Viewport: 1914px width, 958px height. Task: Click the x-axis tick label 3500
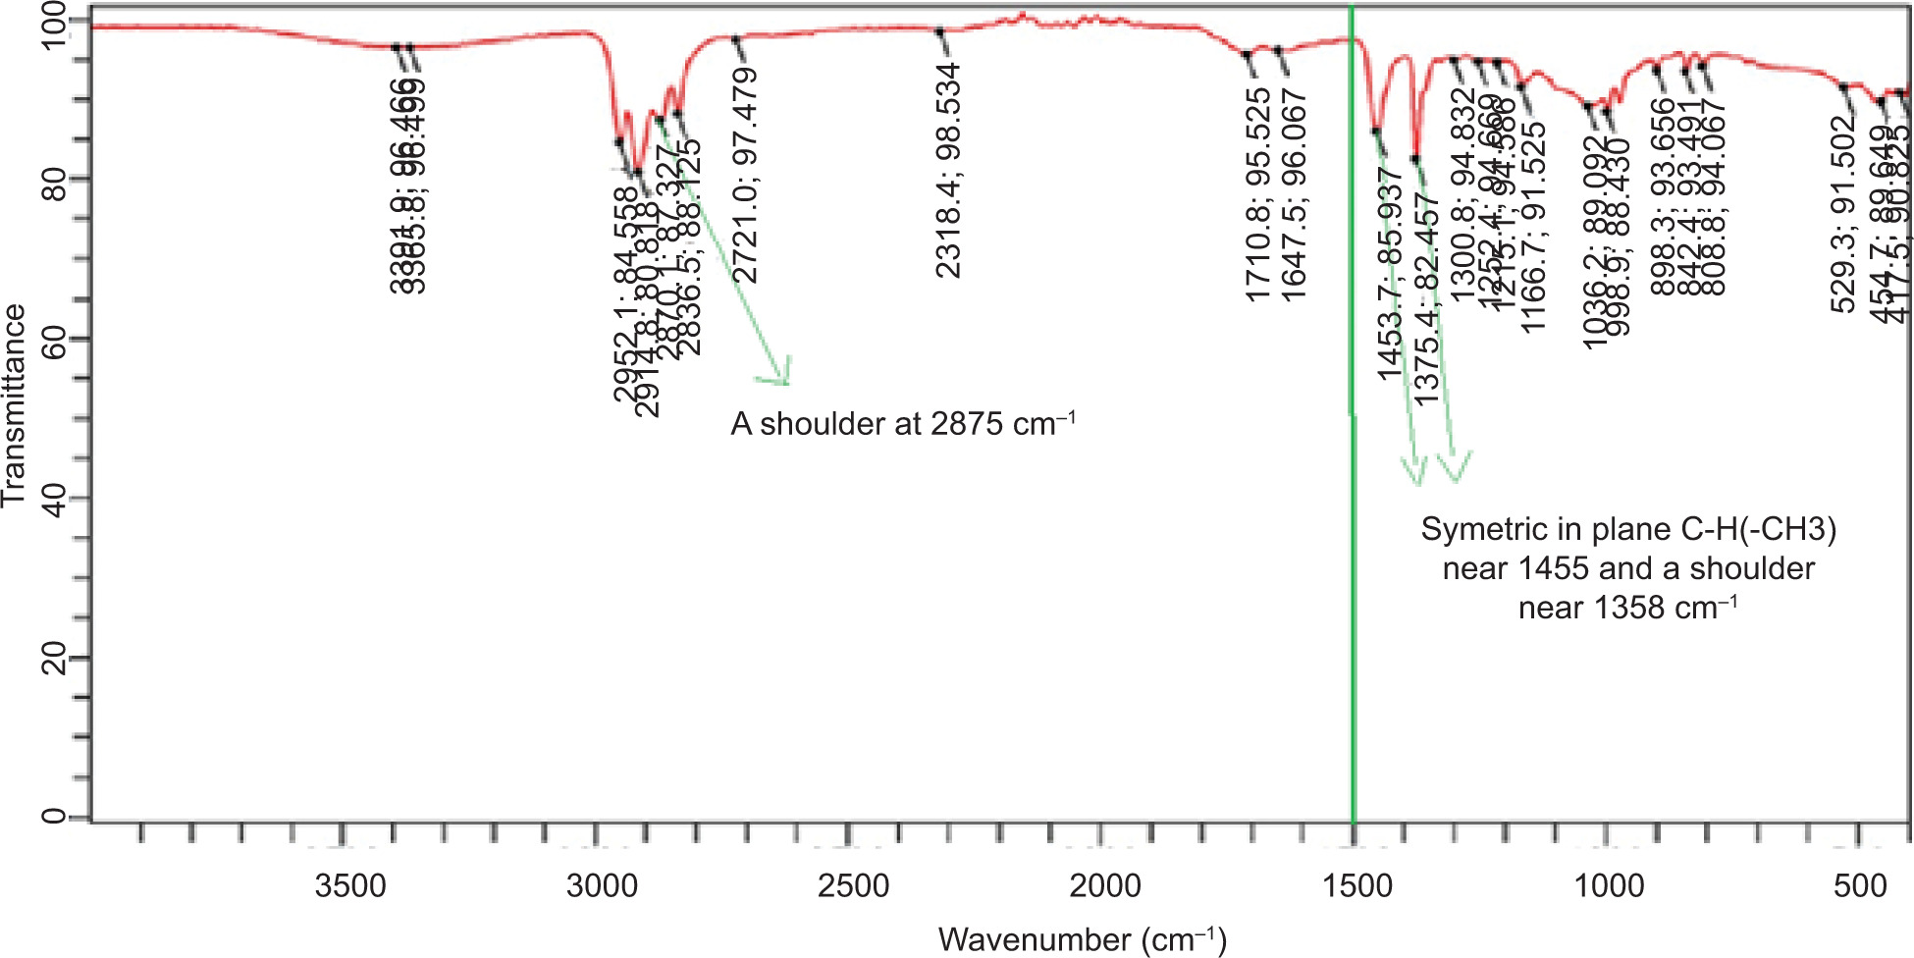click(350, 885)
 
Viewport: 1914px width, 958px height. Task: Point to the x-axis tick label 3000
click(602, 885)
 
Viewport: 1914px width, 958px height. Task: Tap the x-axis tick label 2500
click(853, 885)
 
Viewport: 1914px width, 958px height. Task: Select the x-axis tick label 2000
click(1104, 885)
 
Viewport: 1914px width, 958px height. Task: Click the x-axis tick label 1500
click(1356, 885)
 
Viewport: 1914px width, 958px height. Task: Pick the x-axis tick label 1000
click(1609, 885)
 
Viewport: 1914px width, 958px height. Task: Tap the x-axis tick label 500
click(1859, 885)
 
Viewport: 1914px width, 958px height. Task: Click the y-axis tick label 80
click(55, 179)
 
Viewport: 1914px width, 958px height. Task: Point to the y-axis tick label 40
click(55, 498)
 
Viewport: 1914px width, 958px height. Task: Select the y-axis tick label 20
click(55, 658)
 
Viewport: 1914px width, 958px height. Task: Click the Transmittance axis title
click(14, 405)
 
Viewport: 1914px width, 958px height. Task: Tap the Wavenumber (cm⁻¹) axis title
click(1082, 939)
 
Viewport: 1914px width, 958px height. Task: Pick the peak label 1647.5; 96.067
click(1294, 194)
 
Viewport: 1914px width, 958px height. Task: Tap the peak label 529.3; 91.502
click(1844, 214)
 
